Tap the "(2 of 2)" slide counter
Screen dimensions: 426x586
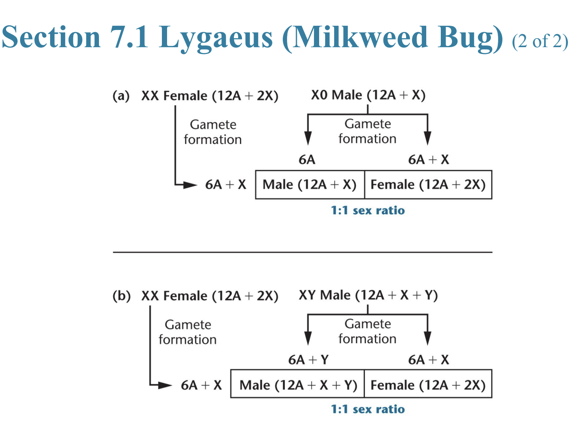540,42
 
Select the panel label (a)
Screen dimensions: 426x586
121,96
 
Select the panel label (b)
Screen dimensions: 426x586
121,296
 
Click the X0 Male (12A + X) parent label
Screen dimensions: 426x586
368,95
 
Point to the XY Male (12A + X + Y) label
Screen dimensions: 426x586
368,295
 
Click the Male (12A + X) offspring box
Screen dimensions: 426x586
310,185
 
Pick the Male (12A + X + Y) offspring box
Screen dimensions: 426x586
298,385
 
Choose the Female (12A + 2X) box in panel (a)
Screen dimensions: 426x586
428,185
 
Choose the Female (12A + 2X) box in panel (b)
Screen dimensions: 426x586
428,385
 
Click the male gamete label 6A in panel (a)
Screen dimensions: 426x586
307,160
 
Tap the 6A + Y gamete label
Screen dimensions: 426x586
308,360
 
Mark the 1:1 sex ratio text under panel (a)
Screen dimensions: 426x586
368,210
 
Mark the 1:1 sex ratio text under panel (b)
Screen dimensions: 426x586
368,409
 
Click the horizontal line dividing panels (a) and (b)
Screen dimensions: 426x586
302,252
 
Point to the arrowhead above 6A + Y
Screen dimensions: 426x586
308,339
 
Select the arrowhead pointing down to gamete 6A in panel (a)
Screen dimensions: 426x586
308,138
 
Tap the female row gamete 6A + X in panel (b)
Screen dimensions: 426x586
201,385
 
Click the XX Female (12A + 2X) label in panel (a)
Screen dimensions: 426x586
209,96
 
